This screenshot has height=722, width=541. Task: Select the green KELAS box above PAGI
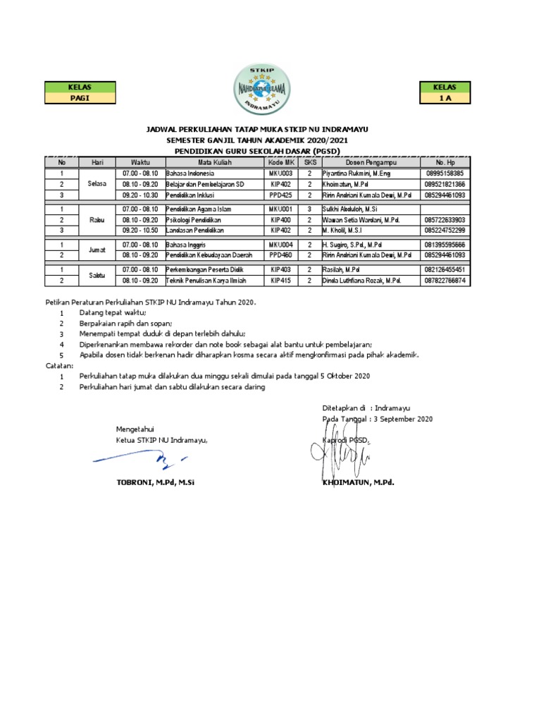[80, 87]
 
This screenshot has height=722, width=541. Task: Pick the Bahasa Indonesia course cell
[190, 173]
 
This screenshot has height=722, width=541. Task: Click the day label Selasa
[97, 183]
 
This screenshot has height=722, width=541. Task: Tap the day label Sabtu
[97, 276]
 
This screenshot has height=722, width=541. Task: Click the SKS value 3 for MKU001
[309, 209]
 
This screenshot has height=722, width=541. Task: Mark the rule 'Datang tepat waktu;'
[113, 312]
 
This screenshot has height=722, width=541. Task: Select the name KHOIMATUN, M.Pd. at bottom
[359, 483]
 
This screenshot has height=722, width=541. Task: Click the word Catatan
[60, 366]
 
